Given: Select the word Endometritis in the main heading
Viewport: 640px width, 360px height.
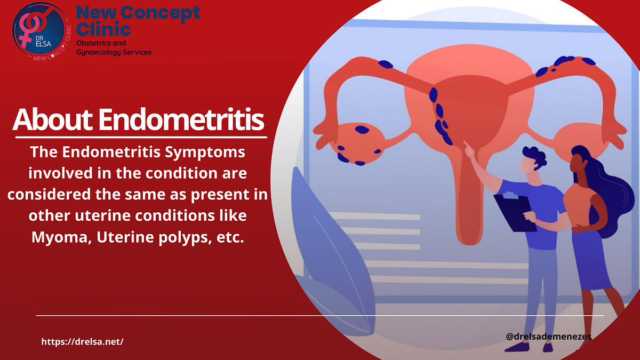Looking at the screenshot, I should [181, 120].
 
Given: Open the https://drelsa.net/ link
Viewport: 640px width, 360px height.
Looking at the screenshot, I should [83, 341].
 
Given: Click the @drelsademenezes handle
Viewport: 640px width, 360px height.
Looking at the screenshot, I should [548, 337].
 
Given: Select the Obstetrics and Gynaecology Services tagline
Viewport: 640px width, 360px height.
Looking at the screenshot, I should [114, 47].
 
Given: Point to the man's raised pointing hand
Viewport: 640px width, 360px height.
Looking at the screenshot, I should [470, 149].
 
